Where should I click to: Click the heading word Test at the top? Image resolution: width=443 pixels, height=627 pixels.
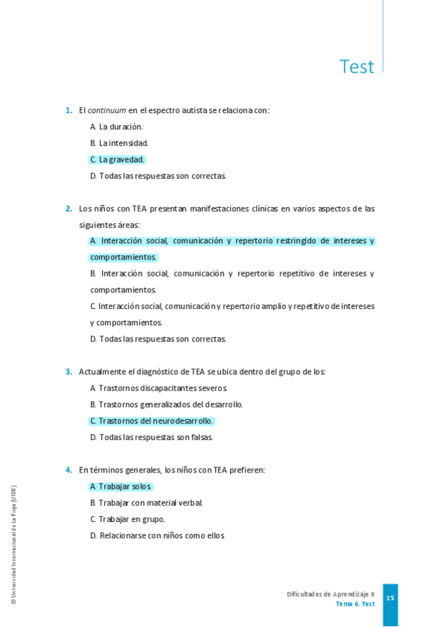[356, 67]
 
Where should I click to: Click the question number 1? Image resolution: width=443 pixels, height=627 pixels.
[68, 110]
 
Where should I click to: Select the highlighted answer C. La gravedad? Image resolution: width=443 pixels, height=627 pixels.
[117, 160]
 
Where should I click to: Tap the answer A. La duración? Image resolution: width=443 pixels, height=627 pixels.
[116, 126]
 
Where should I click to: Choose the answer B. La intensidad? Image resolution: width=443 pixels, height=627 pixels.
[119, 143]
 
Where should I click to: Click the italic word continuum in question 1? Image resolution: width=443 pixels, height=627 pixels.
[106, 110]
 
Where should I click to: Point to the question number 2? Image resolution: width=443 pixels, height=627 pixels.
[68, 209]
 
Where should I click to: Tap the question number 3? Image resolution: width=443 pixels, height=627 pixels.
[68, 372]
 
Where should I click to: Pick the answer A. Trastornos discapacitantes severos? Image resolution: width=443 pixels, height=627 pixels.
[158, 388]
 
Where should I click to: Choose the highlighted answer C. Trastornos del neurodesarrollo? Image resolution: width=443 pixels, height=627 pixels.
[152, 421]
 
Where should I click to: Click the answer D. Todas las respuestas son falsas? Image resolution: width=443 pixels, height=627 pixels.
[151, 437]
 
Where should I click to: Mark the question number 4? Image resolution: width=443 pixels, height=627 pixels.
[68, 470]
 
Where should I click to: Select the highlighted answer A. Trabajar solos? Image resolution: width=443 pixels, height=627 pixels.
[121, 487]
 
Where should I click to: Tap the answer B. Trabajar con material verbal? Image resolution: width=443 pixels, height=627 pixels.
[146, 503]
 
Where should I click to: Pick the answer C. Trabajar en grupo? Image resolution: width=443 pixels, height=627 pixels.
[127, 519]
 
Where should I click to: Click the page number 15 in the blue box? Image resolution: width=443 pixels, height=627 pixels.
[390, 598]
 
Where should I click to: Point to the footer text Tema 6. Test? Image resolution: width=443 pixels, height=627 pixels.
[355, 604]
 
